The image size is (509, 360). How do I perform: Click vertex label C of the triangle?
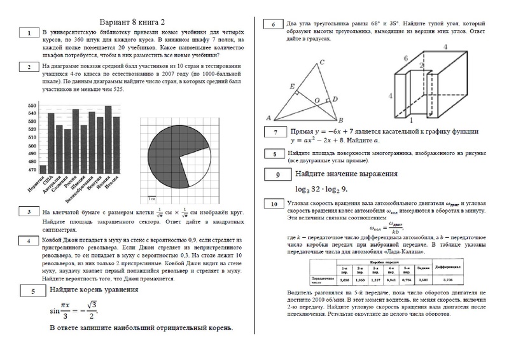pos(323,62)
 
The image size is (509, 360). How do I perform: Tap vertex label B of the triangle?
pos(342,120)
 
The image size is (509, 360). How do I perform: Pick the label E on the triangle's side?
pos(291,86)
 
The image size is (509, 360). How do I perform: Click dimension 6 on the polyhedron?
pos(405,58)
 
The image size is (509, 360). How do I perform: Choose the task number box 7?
pos(274,133)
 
